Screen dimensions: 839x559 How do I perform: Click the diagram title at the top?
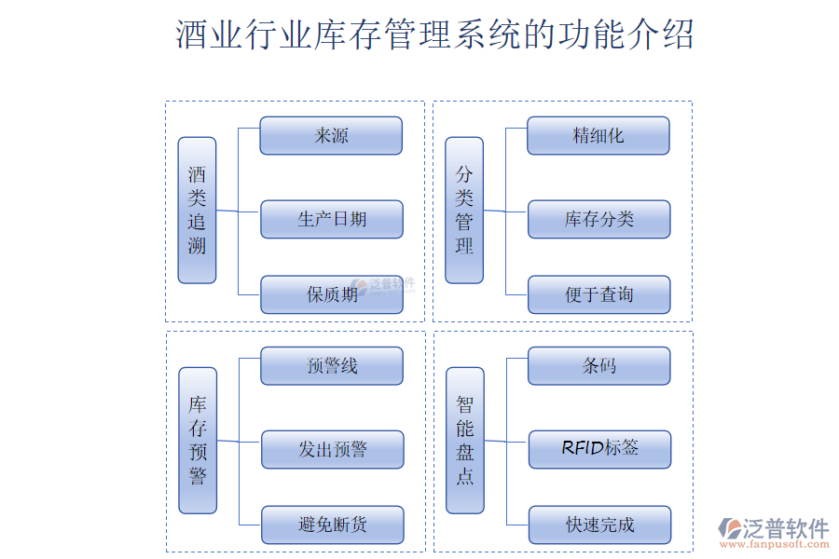(434, 34)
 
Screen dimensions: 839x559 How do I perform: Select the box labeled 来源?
(331, 136)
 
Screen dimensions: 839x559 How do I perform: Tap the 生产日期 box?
(332, 219)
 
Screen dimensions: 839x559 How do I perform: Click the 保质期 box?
(332, 294)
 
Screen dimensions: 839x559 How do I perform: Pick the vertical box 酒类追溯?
(197, 211)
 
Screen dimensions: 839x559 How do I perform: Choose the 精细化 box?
(598, 136)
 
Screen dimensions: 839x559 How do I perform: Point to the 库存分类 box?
(599, 219)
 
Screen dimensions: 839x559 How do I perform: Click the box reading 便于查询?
(599, 294)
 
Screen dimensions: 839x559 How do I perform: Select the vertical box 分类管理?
(464, 211)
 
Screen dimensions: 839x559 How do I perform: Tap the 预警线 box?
(332, 366)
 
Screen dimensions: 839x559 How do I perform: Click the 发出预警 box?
(333, 449)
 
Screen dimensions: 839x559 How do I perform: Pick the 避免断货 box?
(333, 525)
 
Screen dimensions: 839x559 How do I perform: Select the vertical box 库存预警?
(198, 441)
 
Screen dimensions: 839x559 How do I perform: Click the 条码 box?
(599, 366)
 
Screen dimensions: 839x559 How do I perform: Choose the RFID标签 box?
(599, 449)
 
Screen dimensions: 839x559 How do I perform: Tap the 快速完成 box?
(599, 525)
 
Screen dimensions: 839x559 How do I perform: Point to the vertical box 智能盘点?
(465, 441)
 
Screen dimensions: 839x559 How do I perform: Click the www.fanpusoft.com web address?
(775, 544)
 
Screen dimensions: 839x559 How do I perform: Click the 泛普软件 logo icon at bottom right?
(730, 528)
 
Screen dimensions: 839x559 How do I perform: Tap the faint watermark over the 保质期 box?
(384, 285)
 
